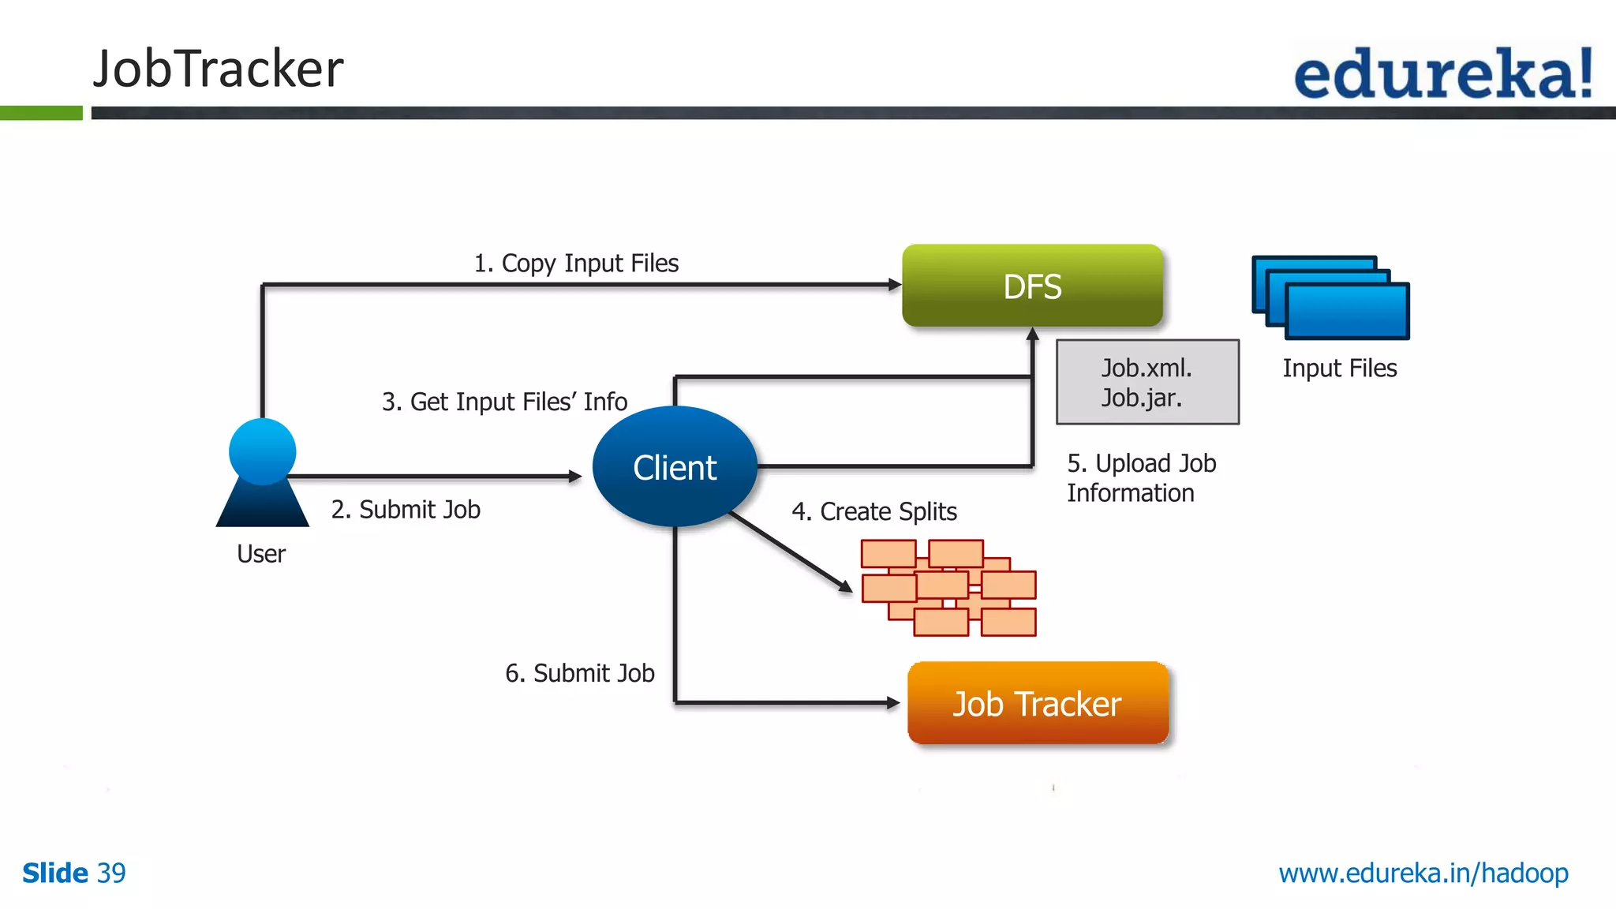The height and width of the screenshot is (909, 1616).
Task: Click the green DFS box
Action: pyautogui.click(x=1032, y=286)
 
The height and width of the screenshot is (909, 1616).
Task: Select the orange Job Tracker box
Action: pyautogui.click(x=1037, y=703)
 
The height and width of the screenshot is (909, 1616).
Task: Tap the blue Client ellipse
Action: pyautogui.click(x=675, y=467)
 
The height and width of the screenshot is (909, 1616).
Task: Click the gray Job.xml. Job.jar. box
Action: pyautogui.click(x=1147, y=382)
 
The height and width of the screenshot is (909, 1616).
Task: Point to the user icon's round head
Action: pyautogui.click(x=262, y=451)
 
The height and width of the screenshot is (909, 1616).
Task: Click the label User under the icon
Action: pyautogui.click(x=261, y=554)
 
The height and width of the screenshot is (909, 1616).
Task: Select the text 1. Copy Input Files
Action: pyautogui.click(x=576, y=263)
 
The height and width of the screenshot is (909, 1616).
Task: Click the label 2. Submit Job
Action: pyautogui.click(x=406, y=510)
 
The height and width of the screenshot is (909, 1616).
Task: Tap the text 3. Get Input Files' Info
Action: pyautogui.click(x=504, y=402)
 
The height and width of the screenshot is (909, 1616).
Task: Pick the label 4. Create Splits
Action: pyautogui.click(x=874, y=511)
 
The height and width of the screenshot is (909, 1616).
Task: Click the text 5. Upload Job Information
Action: pyautogui.click(x=1141, y=478)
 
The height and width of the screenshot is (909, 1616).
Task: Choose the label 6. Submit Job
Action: pyautogui.click(x=580, y=673)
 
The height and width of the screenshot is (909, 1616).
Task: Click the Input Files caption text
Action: pyautogui.click(x=1339, y=368)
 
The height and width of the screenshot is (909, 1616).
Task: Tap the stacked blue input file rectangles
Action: pyautogui.click(x=1330, y=297)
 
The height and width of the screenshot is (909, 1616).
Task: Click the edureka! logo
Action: pyautogui.click(x=1443, y=73)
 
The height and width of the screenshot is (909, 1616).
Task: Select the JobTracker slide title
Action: pyautogui.click(x=219, y=69)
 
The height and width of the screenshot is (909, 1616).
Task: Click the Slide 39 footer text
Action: pyautogui.click(x=74, y=873)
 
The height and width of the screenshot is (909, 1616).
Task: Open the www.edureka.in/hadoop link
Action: pyautogui.click(x=1423, y=873)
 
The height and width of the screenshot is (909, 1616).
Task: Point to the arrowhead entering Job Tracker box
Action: pyautogui.click(x=893, y=702)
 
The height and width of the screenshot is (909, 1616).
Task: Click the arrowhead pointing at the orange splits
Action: pyautogui.click(x=845, y=586)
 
